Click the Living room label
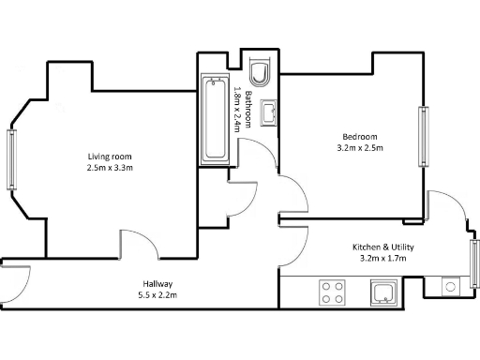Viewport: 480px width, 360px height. [x=110, y=156]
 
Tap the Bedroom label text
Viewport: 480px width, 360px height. [x=360, y=135]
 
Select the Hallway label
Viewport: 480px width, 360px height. [x=157, y=284]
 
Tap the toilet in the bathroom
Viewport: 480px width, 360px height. [x=261, y=72]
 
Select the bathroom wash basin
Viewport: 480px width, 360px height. [x=267, y=112]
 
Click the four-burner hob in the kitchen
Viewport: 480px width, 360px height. [x=333, y=292]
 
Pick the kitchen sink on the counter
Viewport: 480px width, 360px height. [x=384, y=292]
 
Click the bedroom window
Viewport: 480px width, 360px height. [x=423, y=136]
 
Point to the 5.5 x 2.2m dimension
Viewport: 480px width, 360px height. [x=157, y=295]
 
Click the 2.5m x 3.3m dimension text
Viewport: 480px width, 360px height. [x=110, y=168]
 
